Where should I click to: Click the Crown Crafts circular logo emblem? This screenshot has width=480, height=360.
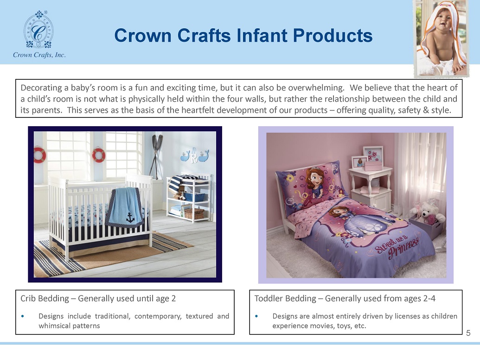click(38, 30)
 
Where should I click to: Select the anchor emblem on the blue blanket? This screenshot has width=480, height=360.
click(130, 218)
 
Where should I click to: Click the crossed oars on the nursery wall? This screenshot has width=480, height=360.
click(157, 156)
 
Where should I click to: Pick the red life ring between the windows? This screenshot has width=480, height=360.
click(99, 155)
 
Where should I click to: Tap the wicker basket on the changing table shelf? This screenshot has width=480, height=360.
click(194, 213)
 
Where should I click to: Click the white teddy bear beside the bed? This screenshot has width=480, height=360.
click(428, 212)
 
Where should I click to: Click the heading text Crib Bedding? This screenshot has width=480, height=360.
click(45, 298)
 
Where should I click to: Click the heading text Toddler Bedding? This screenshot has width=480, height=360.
click(285, 298)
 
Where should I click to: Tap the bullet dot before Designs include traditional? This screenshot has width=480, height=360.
click(23, 316)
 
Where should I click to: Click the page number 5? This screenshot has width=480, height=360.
click(468, 333)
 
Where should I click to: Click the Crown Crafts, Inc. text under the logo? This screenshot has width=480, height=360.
click(39, 55)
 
